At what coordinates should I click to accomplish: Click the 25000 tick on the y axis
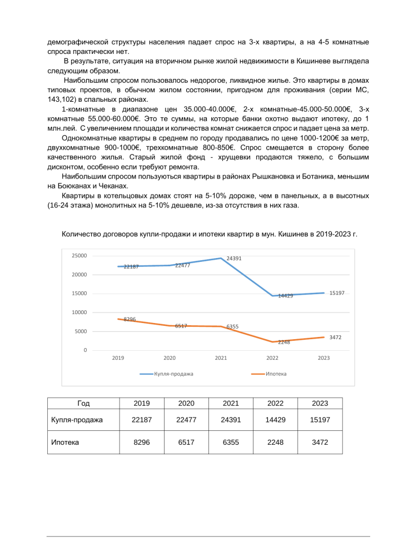[x=79, y=256]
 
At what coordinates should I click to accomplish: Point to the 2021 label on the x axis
[x=221, y=358]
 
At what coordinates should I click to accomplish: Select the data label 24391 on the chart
[x=234, y=259]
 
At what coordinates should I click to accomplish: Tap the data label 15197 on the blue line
[x=337, y=292]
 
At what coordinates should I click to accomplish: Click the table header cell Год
[x=84, y=403]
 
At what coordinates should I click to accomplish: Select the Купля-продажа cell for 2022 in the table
[x=275, y=420]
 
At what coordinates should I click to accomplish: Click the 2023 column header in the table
[x=320, y=403]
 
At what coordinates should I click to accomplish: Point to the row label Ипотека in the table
[x=65, y=443]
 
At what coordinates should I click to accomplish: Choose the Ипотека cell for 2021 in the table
[x=230, y=443]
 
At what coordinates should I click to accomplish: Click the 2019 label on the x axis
[x=118, y=358]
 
